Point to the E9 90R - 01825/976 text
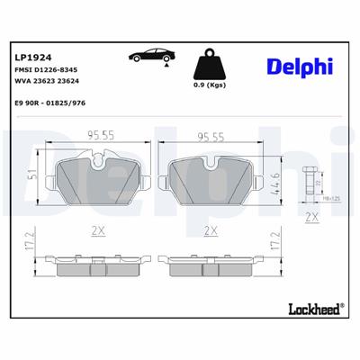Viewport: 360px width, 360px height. coord(56,105)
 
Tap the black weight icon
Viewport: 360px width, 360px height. coord(208,66)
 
